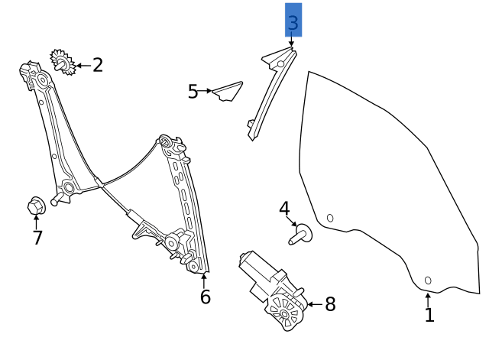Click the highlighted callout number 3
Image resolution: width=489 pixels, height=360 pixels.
click(x=293, y=22)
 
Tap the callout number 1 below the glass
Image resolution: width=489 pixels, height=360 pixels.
click(x=429, y=314)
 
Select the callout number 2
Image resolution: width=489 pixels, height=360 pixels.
click(x=97, y=66)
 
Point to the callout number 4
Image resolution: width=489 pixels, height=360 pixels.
click(x=284, y=209)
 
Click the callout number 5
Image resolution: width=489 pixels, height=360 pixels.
click(x=193, y=92)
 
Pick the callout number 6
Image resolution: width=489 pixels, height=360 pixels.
click(x=205, y=297)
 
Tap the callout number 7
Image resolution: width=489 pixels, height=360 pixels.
click(x=37, y=238)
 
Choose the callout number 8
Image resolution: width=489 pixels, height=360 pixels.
click(x=330, y=305)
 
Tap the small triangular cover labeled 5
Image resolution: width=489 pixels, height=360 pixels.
click(x=228, y=92)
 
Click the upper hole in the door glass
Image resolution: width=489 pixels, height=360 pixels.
click(x=330, y=218)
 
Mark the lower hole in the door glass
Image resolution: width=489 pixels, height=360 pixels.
click(x=428, y=281)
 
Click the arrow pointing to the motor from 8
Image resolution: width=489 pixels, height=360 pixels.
click(x=314, y=304)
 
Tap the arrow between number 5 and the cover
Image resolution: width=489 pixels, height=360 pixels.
click(x=206, y=91)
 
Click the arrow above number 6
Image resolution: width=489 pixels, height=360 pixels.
click(x=203, y=278)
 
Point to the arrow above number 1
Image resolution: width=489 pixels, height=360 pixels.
click(x=428, y=298)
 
